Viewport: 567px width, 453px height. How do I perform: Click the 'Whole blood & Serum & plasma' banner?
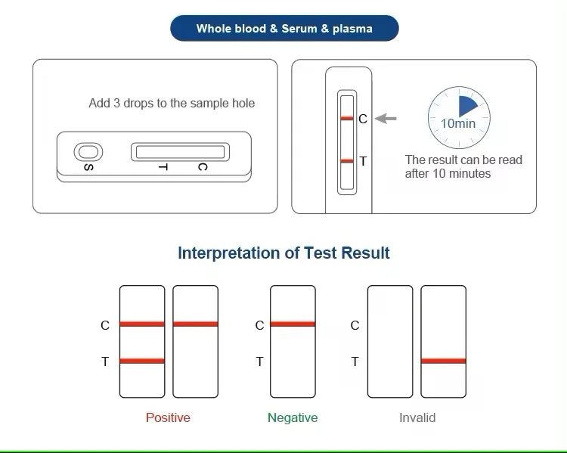283,29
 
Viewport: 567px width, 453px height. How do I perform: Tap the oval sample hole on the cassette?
88,152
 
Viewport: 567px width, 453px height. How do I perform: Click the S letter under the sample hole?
88,167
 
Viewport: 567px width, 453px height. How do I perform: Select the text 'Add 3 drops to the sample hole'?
172,103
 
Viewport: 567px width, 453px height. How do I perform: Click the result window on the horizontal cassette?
179,152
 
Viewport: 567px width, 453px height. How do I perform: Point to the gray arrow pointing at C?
386,119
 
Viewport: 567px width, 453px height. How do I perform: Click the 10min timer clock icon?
458,119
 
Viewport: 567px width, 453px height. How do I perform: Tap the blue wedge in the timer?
467,107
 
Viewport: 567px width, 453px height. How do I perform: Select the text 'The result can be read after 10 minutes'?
463,166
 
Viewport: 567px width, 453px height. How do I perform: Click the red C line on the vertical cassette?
347,119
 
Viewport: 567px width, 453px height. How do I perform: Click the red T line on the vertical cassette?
347,161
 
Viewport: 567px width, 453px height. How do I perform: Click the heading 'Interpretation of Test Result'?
283,253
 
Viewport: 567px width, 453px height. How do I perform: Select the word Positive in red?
168,417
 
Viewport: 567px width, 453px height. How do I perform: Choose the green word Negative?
293,417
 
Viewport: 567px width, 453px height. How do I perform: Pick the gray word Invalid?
417,417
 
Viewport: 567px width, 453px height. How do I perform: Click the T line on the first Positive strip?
142,361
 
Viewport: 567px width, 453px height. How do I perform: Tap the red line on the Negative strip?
293,324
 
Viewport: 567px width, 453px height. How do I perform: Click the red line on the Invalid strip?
444,361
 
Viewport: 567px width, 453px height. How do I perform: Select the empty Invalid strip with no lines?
390,342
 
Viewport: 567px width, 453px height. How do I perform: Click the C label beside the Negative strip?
259,325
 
